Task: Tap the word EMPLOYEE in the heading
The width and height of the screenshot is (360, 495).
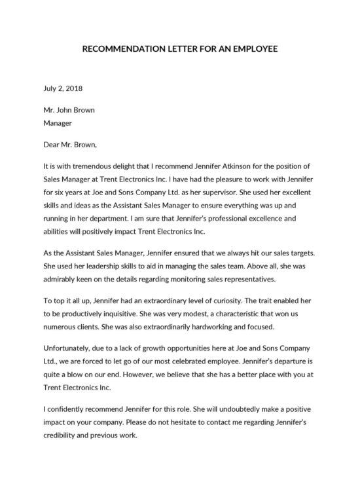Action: click(x=254, y=49)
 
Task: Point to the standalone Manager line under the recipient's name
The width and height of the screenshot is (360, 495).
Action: click(x=57, y=122)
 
